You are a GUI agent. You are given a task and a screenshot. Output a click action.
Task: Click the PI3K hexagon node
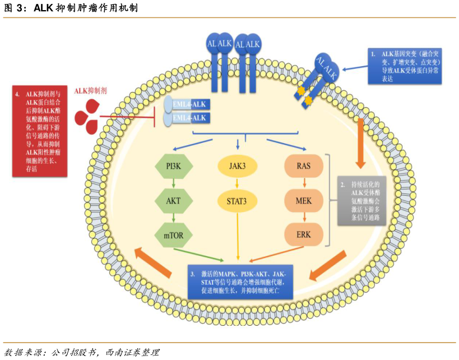pos(174,167)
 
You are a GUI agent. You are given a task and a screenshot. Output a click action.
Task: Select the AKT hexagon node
pos(174,201)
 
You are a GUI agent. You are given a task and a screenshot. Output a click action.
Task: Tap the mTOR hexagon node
pos(174,236)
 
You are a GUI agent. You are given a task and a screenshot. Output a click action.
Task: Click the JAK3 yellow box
pos(238,167)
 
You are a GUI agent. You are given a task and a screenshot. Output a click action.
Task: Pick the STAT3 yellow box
pos(238,200)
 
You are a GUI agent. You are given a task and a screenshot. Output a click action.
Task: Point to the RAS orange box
pos(303,167)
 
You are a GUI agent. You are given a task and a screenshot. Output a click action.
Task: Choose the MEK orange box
pos(303,200)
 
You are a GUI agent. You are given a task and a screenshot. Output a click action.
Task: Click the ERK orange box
pos(303,235)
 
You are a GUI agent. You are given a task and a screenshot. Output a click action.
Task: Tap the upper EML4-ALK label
pos(190,105)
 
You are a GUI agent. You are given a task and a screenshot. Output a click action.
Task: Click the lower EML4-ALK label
pos(190,118)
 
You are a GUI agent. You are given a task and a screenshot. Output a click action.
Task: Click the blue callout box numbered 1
pos(404,66)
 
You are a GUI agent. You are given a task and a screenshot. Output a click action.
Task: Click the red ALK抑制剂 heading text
pos(91,90)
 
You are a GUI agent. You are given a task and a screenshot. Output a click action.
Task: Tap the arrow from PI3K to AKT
pos(174,183)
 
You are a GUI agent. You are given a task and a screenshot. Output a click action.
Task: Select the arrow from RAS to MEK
pos(303,183)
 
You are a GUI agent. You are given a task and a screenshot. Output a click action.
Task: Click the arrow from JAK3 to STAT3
pos(238,183)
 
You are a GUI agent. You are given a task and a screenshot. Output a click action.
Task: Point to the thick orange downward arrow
pos(361,143)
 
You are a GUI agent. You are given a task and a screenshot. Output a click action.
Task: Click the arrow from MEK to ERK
pos(303,218)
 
